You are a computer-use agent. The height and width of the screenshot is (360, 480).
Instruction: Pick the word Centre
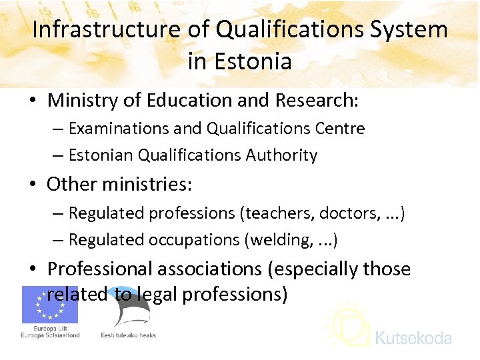click(341, 128)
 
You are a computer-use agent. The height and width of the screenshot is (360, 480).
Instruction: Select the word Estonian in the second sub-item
click(101, 155)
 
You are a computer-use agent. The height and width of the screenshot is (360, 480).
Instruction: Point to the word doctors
click(347, 213)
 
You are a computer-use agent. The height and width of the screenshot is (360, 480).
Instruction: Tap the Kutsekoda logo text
click(413, 338)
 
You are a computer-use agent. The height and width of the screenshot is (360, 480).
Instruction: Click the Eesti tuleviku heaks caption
click(128, 335)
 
